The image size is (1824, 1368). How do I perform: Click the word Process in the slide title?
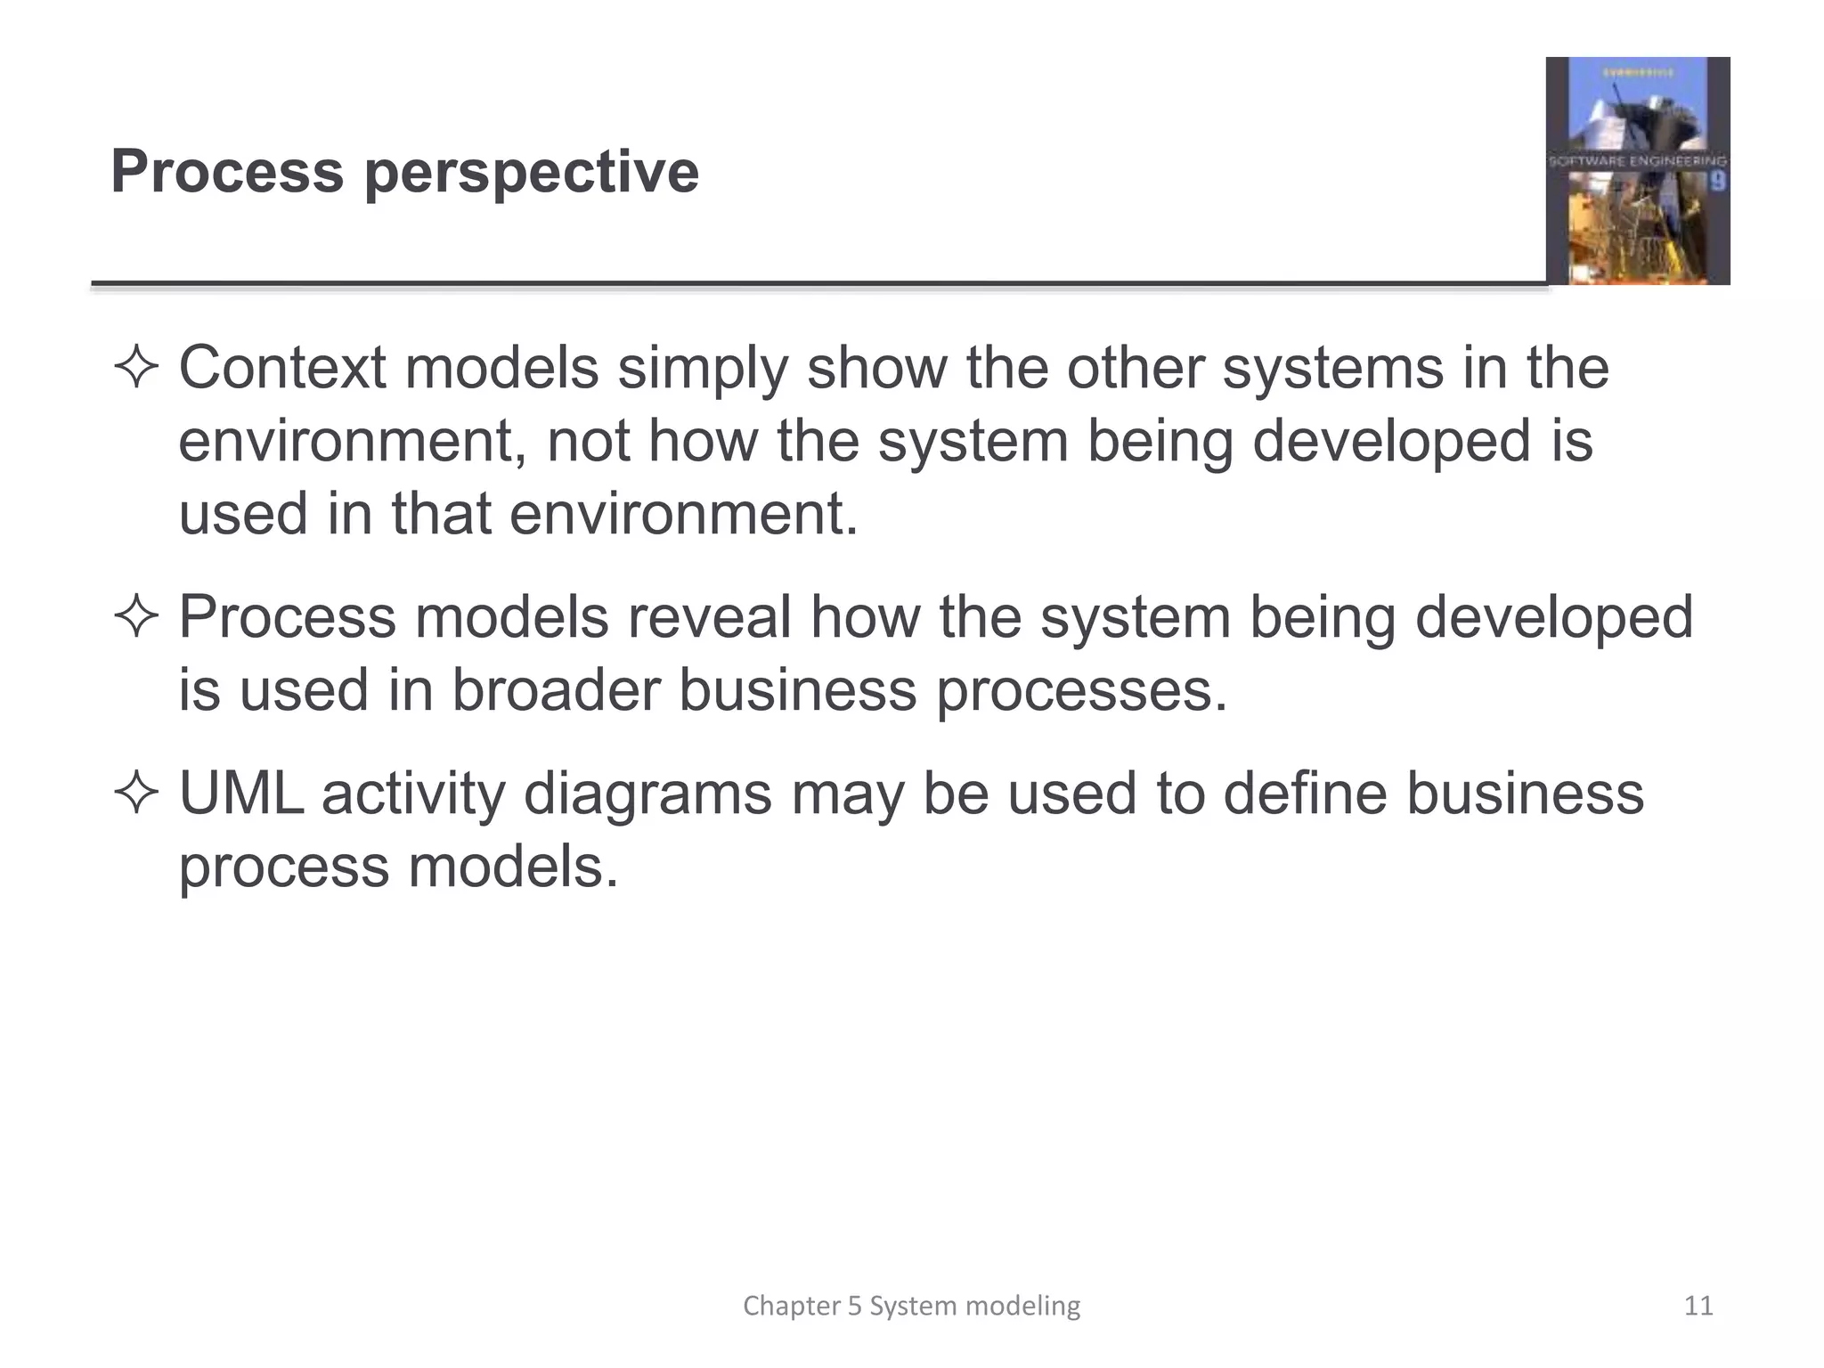[227, 171]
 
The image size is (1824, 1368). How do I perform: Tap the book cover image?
[1637, 171]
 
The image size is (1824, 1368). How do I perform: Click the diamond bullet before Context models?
[136, 368]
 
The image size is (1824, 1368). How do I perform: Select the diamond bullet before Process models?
[136, 617]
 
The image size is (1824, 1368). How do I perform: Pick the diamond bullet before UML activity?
[136, 793]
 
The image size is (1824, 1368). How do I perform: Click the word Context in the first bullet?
[282, 368]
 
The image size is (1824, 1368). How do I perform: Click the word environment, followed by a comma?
[354, 442]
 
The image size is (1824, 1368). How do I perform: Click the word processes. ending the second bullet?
[1081, 692]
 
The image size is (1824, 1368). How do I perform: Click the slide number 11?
[1698, 1306]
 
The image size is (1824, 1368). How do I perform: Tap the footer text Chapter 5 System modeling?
[911, 1306]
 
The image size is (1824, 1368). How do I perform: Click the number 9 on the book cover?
[1717, 183]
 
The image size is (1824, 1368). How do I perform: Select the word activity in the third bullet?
[412, 794]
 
